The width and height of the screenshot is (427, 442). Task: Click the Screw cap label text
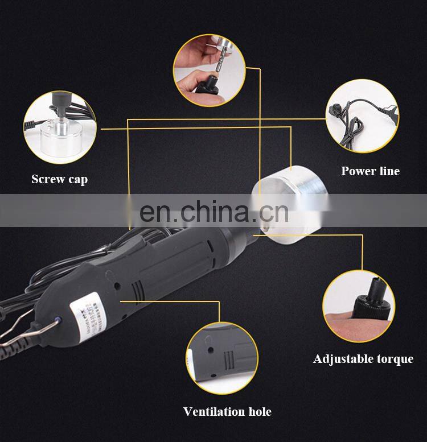(x=59, y=179)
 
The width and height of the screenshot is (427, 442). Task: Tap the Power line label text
(x=370, y=171)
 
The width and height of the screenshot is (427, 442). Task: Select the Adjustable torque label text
(x=363, y=359)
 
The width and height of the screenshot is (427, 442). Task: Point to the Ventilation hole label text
(x=227, y=411)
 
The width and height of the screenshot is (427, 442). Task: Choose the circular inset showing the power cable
(x=362, y=116)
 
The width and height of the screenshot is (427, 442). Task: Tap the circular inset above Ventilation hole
(x=222, y=358)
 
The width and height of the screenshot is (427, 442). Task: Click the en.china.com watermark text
(x=214, y=212)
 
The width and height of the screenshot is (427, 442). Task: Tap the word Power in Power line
(x=358, y=171)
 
